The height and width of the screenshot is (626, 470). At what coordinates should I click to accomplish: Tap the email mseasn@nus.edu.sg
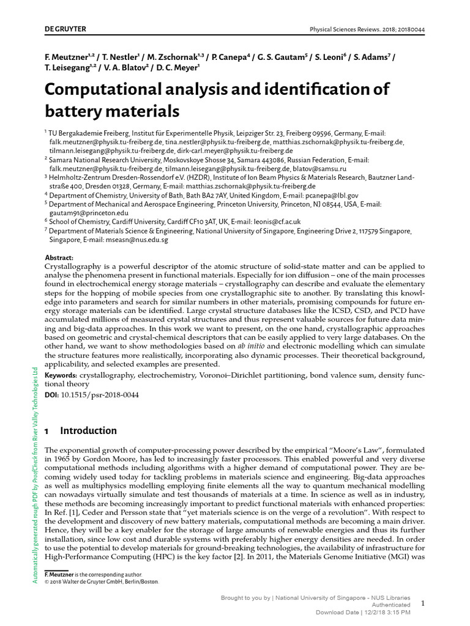(135, 240)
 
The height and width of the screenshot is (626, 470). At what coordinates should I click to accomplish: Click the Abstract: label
(59, 258)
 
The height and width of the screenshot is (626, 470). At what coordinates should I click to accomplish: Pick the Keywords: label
(61, 374)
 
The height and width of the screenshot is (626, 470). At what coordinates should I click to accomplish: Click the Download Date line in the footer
(363, 612)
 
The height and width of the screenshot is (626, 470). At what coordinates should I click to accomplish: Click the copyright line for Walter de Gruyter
(102, 581)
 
